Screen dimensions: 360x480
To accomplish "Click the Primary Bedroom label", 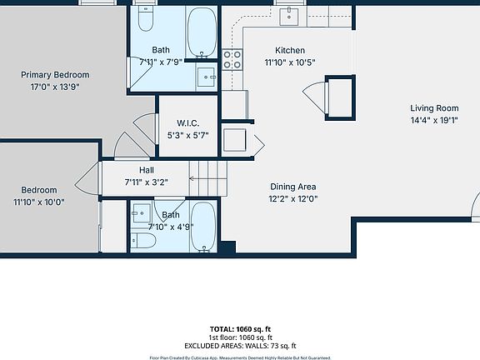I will point(55,74).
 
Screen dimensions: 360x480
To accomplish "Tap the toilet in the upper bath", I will point(146,19).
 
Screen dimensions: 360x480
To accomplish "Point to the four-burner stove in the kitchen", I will point(232,59).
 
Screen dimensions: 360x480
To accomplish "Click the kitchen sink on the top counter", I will point(291,15).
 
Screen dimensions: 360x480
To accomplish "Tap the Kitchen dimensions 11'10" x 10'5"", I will point(284,62).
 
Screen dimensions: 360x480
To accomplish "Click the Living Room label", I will point(434,107).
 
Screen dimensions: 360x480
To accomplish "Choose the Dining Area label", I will point(292,187).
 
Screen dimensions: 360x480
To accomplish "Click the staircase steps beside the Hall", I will point(208,177).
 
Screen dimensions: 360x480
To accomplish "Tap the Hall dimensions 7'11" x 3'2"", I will point(146,182).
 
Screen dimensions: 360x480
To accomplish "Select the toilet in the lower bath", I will point(145,241).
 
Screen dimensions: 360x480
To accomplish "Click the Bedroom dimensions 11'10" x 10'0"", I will point(39,202).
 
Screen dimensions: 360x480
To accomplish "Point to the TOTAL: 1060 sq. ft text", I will point(240,329).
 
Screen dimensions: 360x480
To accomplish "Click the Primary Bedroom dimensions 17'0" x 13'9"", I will point(55,86).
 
